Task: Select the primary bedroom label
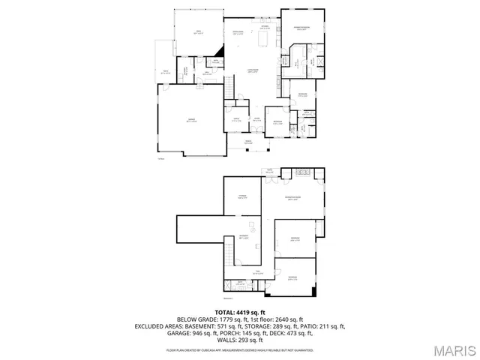[x=302, y=28]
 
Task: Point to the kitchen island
[x=262, y=41]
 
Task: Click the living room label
[x=253, y=72]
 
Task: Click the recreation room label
[x=292, y=199]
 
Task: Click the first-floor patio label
[x=164, y=72]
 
